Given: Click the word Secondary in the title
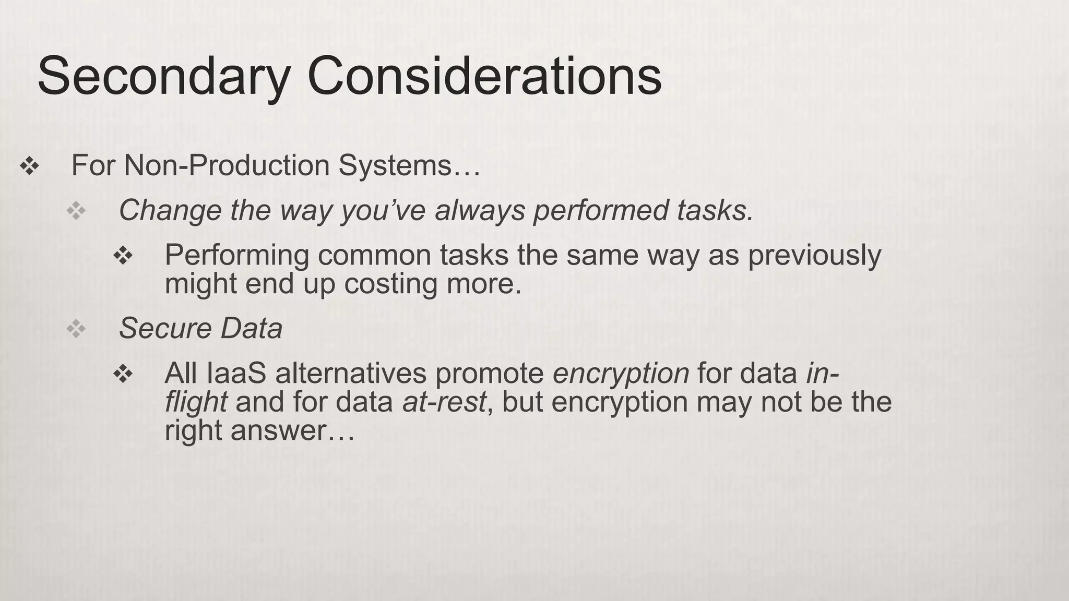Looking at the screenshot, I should point(163,77).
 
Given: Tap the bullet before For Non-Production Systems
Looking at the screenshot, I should point(29,166).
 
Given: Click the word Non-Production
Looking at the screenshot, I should point(227,165).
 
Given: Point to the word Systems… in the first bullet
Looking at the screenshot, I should point(409,165).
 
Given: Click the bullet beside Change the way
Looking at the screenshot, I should point(76,211).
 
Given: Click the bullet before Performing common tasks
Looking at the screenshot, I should point(123,256).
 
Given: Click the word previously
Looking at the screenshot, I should point(815,256).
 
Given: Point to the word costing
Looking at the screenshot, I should point(390,284).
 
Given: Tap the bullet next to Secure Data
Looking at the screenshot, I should point(76,329).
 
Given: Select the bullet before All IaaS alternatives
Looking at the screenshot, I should point(123,374).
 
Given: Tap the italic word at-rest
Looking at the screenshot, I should point(444,402).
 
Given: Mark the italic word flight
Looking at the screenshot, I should point(196,402).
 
